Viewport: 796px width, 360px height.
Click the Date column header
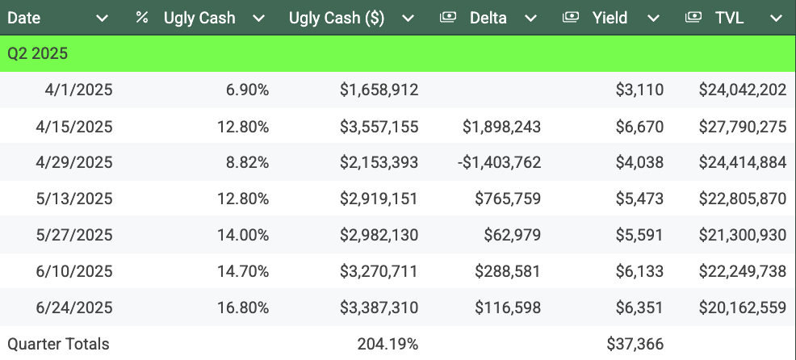coord(24,18)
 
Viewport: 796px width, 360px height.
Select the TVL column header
coord(729,18)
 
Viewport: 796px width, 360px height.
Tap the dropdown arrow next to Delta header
coord(530,18)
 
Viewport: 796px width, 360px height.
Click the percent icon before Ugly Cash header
coord(142,18)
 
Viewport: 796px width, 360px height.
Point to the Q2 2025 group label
coord(37,54)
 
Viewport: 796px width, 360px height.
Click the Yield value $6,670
coord(639,126)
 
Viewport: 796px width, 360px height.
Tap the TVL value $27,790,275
coord(743,126)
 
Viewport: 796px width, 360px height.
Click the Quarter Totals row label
coord(58,344)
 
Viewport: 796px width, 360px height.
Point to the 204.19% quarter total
coord(388,344)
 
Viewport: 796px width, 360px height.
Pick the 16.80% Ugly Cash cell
coord(243,308)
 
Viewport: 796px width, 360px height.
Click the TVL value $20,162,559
coord(743,308)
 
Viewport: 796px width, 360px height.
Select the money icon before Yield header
coord(571,18)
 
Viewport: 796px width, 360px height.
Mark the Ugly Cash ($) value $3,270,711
coord(379,271)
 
